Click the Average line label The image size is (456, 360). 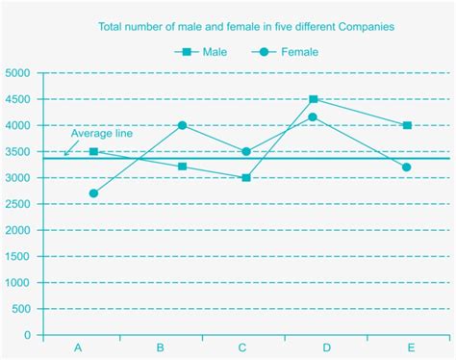[101, 134]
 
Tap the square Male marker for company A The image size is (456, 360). [93, 152]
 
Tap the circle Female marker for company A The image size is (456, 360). [93, 193]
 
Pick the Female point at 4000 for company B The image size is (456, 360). [182, 125]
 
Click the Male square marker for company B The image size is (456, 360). [182, 167]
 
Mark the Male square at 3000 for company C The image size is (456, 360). [247, 178]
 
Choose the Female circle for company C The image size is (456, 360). [247, 152]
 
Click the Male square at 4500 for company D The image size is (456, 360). [314, 99]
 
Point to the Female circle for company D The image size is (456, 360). [314, 117]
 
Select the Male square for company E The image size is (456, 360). [408, 125]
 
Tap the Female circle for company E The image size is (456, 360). [408, 167]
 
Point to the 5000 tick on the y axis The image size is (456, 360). [17, 73]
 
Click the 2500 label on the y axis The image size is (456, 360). [17, 204]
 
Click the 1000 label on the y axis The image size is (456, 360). [17, 283]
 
